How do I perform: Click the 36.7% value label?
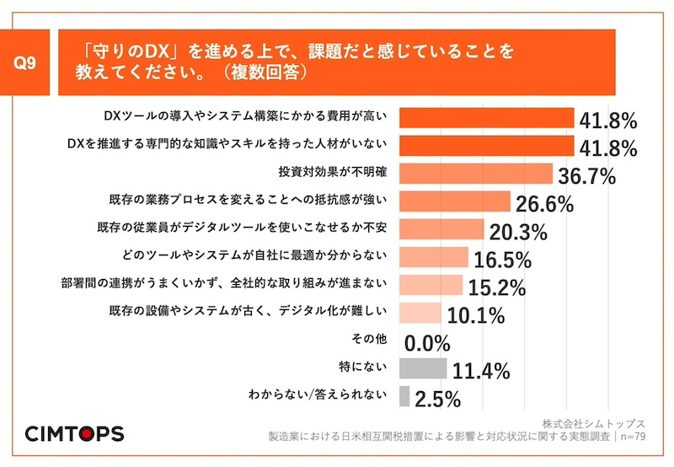586,176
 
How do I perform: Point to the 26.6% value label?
543,204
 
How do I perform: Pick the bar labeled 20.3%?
441,229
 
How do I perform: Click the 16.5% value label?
501,259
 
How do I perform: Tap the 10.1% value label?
473,315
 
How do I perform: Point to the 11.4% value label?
481,371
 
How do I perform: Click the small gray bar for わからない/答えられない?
404,396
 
